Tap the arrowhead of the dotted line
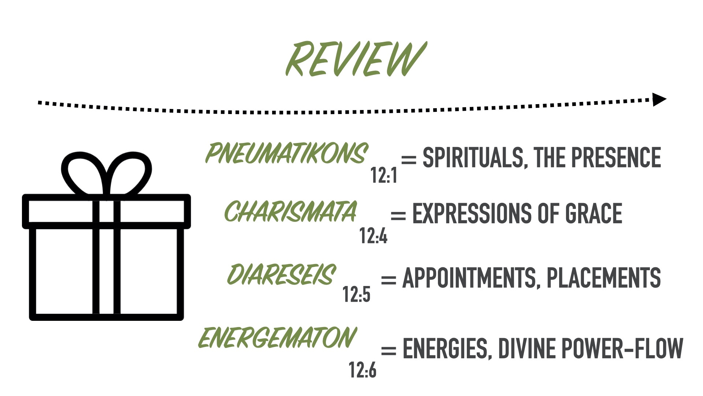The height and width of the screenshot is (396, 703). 659,99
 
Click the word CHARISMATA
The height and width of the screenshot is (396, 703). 290,212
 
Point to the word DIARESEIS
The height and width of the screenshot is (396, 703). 281,275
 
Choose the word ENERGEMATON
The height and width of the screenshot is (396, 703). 277,338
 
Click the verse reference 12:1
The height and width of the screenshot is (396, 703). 383,175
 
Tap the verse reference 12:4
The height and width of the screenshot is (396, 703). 373,235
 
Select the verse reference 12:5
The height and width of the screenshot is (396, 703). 356,294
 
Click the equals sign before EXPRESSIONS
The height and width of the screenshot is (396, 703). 398,215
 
